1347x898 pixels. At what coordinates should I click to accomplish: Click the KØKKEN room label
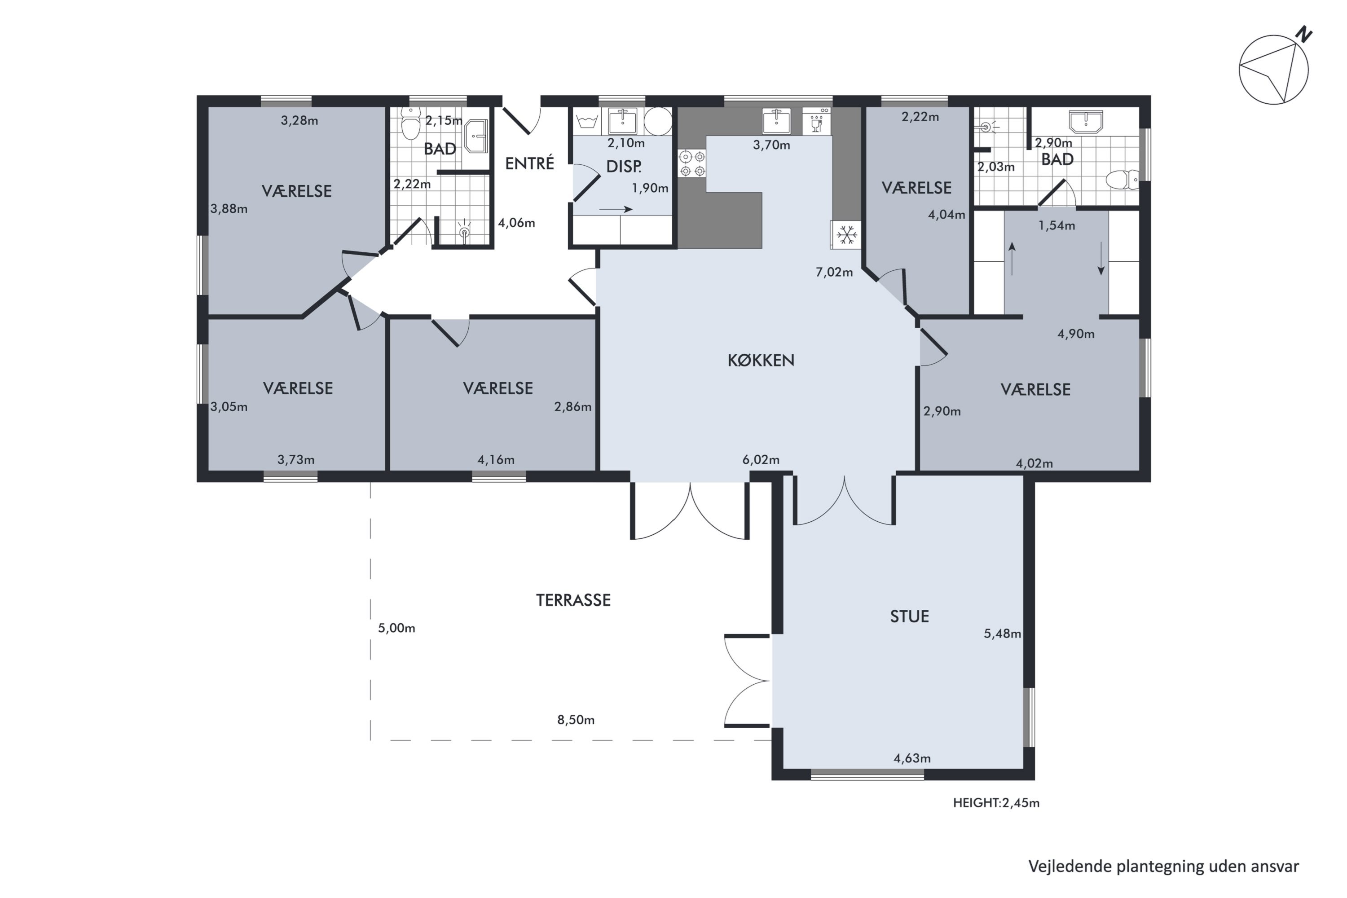point(761,360)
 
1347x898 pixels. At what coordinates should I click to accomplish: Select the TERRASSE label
point(573,600)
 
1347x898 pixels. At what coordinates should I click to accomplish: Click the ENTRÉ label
point(529,163)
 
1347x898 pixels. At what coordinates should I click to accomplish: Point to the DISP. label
point(624,167)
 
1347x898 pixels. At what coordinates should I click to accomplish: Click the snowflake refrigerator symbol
point(846,234)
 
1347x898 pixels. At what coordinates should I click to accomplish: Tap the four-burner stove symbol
point(692,163)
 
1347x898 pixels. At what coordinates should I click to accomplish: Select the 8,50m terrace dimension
point(576,720)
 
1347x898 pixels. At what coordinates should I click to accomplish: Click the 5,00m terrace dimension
point(396,628)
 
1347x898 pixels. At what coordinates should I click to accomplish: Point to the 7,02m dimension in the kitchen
point(834,272)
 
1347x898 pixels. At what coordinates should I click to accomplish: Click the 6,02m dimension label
point(761,459)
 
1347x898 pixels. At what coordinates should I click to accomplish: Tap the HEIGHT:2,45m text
point(996,803)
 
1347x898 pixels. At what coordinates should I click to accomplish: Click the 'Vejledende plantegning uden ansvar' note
point(1163,867)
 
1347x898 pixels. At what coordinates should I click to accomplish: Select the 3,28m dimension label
point(299,120)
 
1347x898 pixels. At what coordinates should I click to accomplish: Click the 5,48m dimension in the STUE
point(1002,634)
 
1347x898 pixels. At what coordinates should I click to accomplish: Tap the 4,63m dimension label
point(912,758)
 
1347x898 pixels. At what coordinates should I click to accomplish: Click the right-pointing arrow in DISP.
point(616,209)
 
